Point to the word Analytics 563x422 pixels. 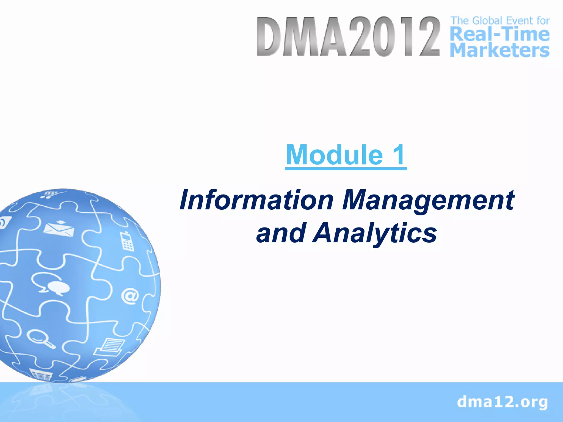click(375, 233)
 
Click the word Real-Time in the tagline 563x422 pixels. click(500, 35)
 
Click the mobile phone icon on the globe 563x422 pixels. click(126, 241)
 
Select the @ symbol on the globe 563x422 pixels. click(130, 296)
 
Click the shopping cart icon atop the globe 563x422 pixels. click(51, 194)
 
